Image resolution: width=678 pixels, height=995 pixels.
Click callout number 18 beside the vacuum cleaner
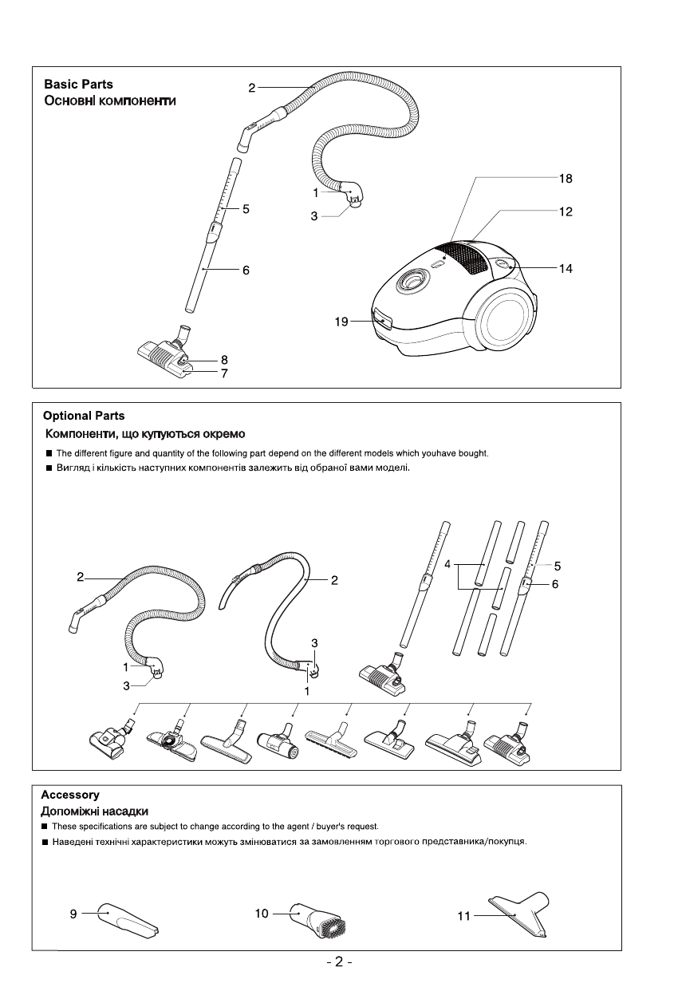click(566, 179)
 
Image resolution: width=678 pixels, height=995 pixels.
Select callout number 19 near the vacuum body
click(341, 322)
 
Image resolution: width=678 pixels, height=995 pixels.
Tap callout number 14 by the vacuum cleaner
click(566, 269)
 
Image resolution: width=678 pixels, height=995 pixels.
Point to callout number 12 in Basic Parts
click(566, 212)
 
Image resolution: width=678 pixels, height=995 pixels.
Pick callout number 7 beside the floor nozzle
click(225, 373)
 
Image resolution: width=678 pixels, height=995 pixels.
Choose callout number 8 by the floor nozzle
click(225, 360)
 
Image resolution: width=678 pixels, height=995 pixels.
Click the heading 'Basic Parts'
click(78, 84)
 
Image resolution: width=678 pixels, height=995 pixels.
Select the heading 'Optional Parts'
click(84, 416)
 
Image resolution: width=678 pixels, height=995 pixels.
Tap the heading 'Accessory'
click(70, 795)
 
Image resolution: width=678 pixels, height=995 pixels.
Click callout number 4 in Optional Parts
click(449, 563)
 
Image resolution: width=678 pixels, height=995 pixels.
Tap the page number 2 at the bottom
click(338, 962)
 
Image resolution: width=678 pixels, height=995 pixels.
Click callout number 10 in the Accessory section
click(262, 913)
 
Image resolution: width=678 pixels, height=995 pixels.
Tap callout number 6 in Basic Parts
click(246, 270)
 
